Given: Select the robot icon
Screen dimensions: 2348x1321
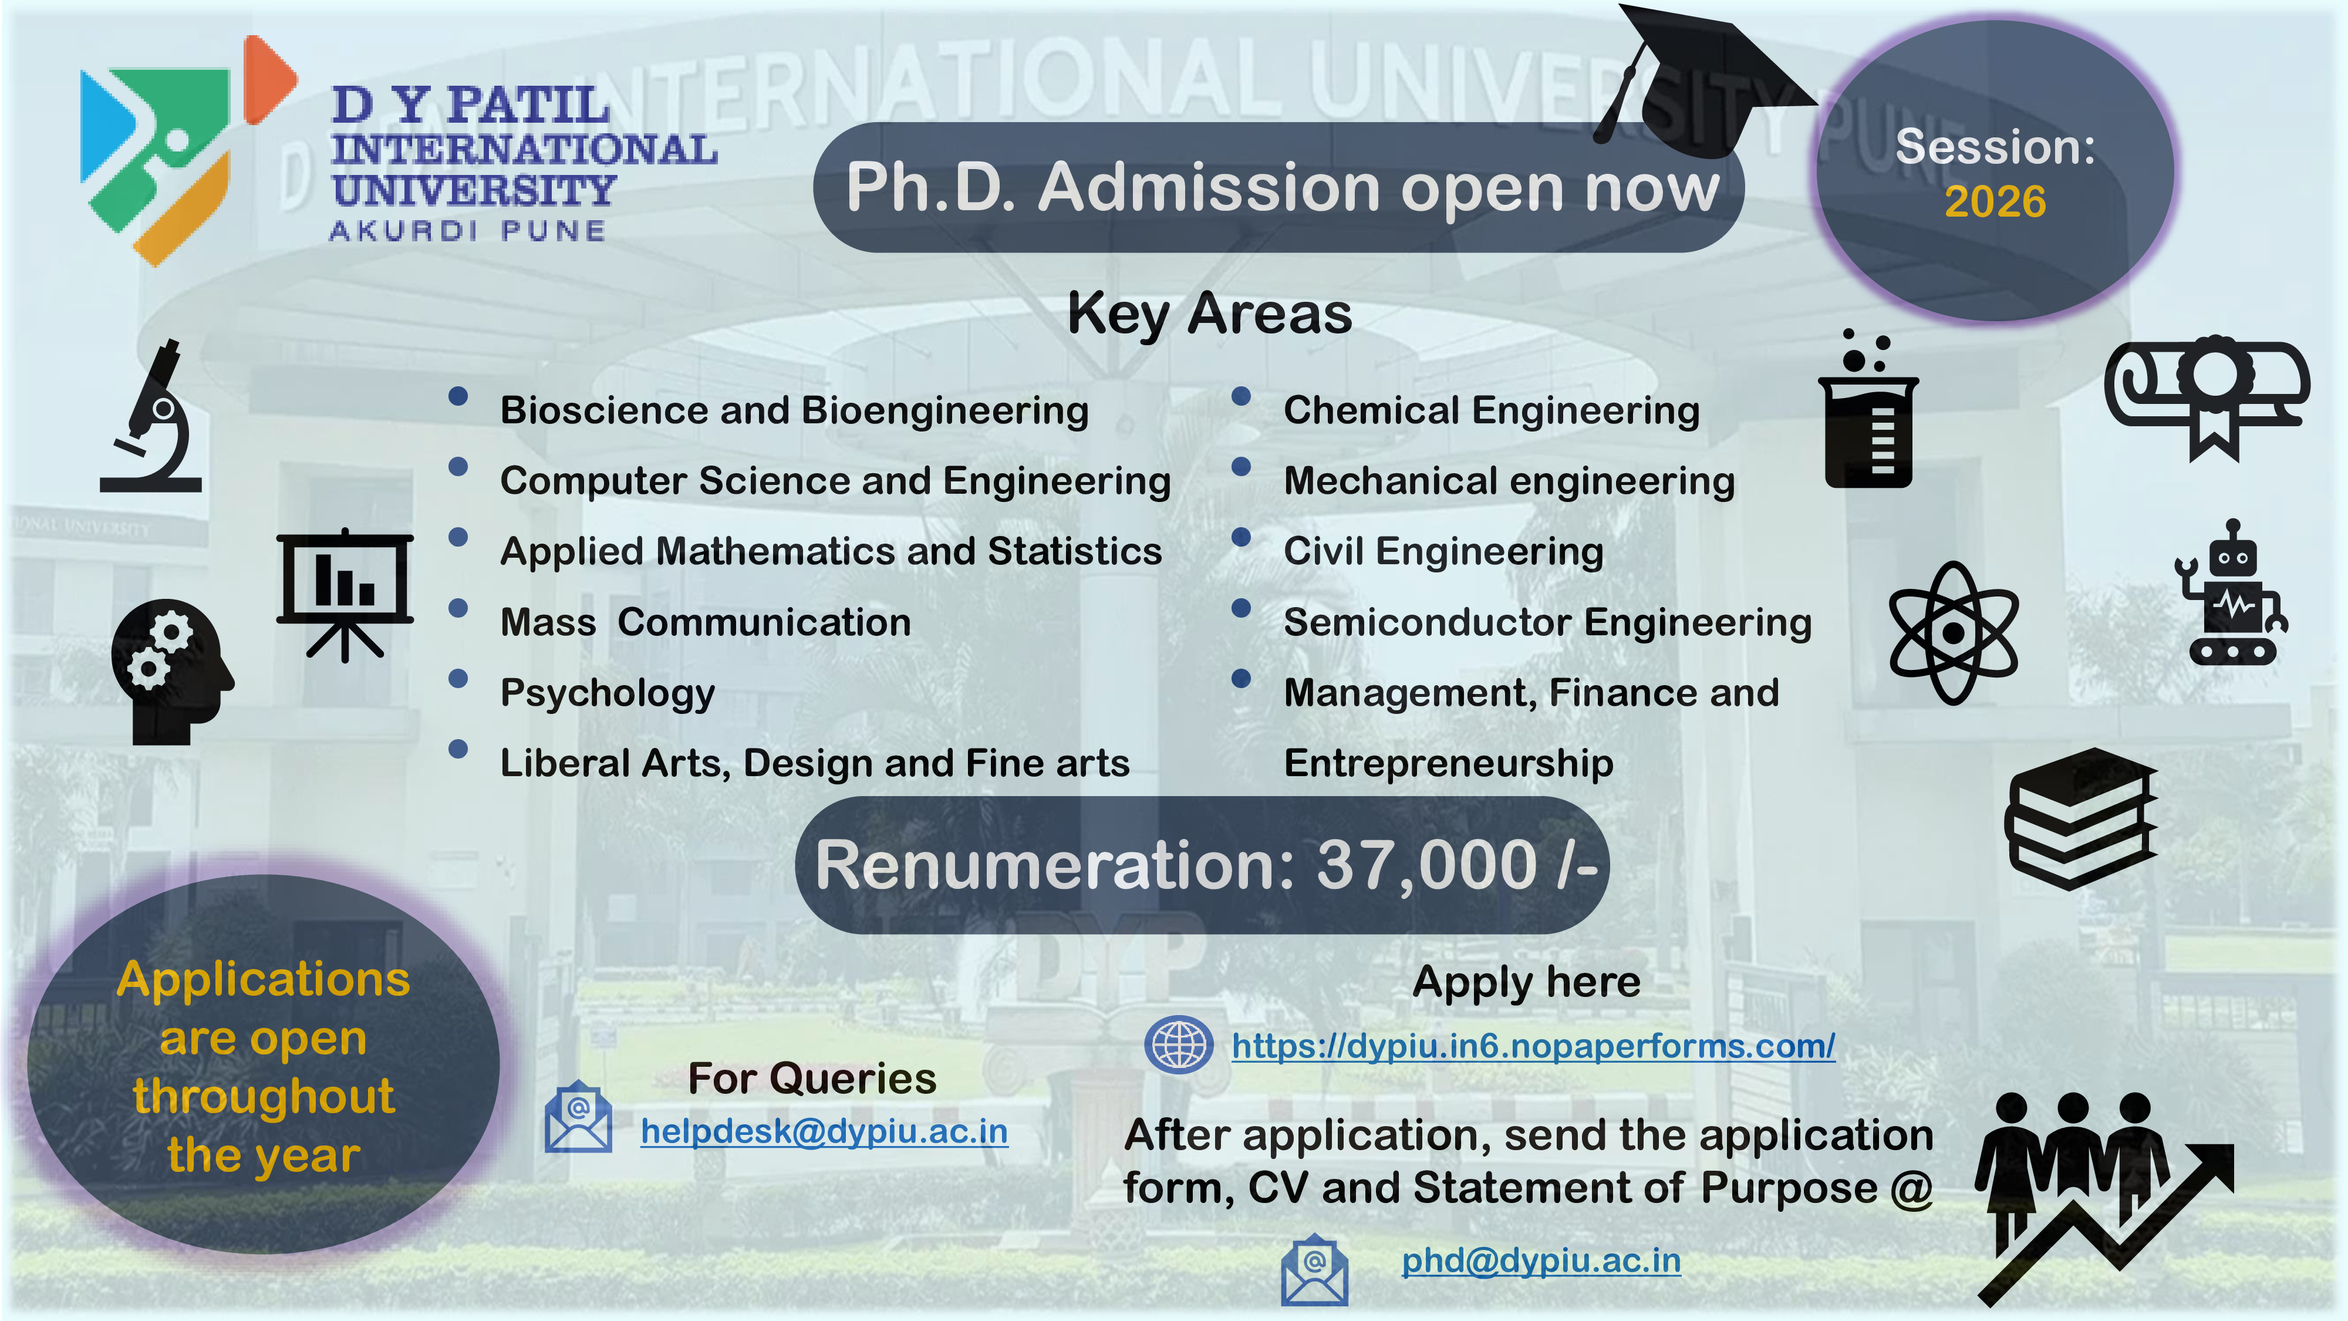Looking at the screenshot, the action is (2231, 592).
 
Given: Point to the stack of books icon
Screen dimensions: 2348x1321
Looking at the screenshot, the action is (2081, 818).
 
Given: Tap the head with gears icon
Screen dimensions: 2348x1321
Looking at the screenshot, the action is (171, 672).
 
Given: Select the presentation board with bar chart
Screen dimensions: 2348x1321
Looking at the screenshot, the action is (345, 594).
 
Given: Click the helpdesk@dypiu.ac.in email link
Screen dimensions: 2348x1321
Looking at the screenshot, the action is (824, 1131).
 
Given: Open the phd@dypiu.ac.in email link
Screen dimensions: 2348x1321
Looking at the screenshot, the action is (1540, 1261).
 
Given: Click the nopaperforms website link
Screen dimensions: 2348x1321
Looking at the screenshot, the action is (1533, 1046).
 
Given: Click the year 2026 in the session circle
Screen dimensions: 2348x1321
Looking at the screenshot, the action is (1995, 201).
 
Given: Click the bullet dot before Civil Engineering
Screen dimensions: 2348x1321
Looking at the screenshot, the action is (1240, 537).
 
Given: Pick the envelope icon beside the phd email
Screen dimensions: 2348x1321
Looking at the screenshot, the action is (1314, 1269).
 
